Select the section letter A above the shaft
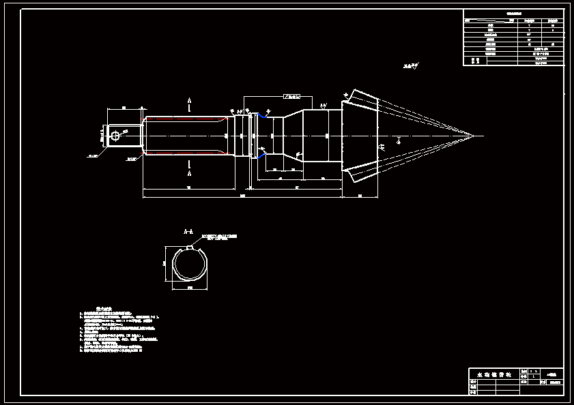tap(189, 101)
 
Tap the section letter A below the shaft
tap(189, 173)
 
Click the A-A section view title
tap(189, 232)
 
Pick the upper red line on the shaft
tap(184, 117)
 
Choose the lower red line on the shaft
tap(184, 155)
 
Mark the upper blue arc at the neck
tap(261, 117)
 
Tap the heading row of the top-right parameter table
tap(513, 13)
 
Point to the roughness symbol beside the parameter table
tap(410, 67)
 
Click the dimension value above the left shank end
tap(124, 108)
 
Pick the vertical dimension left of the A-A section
tap(164, 264)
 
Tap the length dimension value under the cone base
tap(360, 196)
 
